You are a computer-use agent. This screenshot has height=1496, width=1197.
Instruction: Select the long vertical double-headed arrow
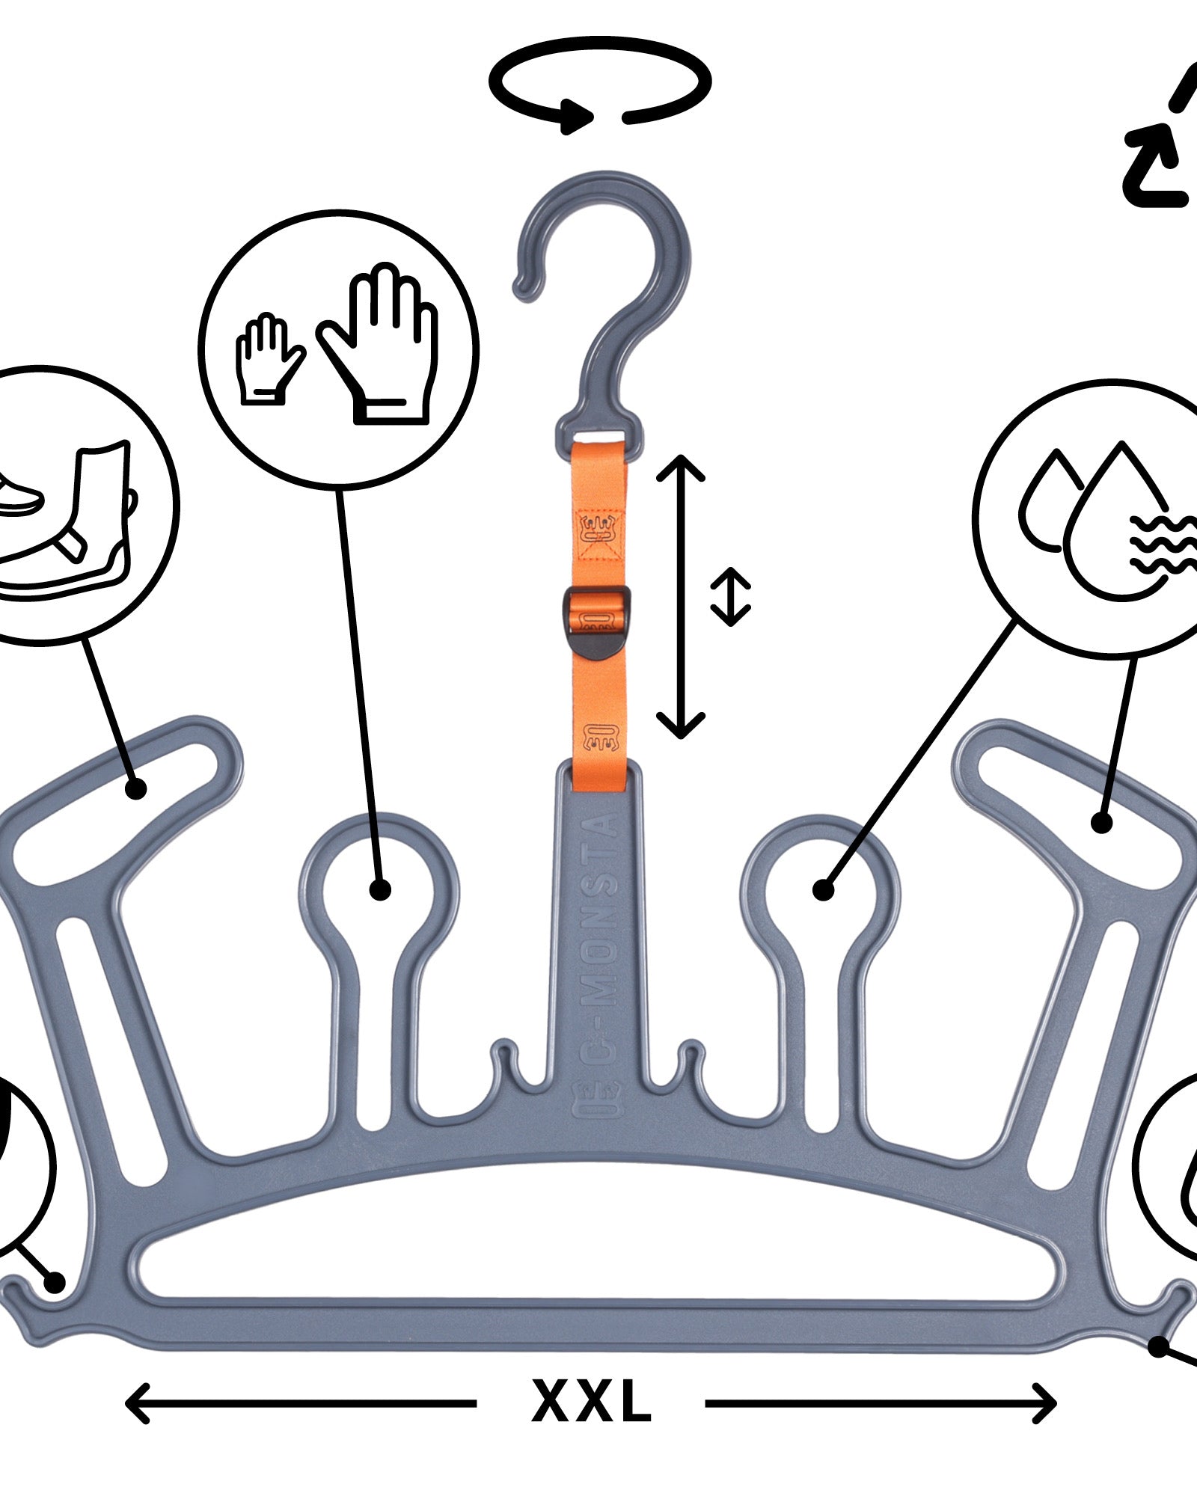(x=681, y=596)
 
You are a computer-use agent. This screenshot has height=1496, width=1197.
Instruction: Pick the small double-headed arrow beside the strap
(x=730, y=596)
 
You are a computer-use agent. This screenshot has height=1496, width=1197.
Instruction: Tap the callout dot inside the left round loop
(x=380, y=890)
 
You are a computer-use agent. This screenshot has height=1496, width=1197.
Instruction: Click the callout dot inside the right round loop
(x=824, y=890)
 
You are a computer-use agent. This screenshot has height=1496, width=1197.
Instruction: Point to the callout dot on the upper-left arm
(x=135, y=788)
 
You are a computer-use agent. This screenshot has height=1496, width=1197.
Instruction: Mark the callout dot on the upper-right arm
(x=1101, y=824)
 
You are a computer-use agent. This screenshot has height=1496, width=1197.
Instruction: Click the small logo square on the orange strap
(x=599, y=534)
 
